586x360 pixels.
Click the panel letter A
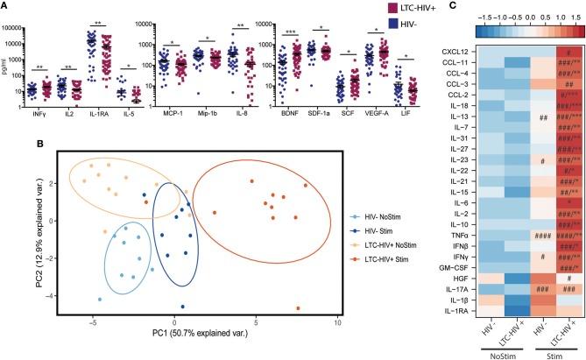pos(5,6)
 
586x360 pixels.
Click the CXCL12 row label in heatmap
pos(458,55)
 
